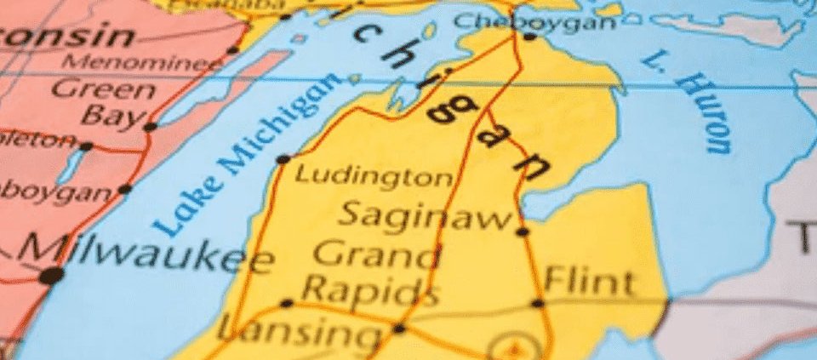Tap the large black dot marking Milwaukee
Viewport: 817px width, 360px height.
point(51,275)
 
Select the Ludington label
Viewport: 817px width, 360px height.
point(374,177)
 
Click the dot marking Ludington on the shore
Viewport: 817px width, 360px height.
point(283,159)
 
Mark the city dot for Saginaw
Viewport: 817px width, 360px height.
point(522,231)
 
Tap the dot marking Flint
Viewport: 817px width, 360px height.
point(538,303)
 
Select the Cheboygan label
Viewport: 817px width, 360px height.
point(534,20)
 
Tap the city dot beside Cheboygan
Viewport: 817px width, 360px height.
point(528,37)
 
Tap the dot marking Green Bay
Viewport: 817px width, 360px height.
point(151,127)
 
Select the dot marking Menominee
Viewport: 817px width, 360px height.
point(232,50)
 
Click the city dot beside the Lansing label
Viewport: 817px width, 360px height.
point(398,328)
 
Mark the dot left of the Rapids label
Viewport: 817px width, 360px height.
point(287,303)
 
